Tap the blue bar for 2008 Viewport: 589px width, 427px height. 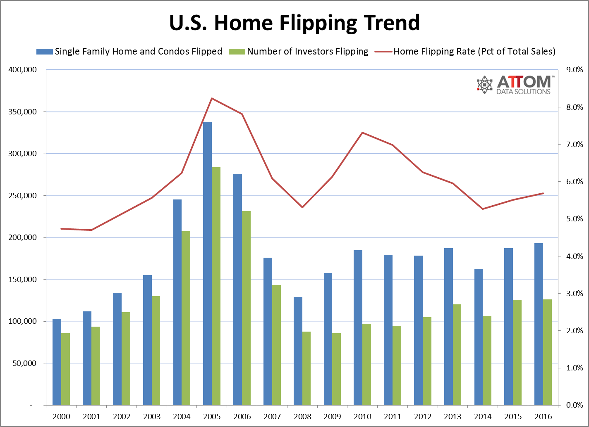click(x=298, y=351)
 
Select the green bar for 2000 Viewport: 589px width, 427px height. click(x=66, y=369)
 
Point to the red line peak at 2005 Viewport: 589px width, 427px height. click(x=212, y=98)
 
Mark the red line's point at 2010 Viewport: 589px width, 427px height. click(x=362, y=133)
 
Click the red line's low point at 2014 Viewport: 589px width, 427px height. click(x=483, y=209)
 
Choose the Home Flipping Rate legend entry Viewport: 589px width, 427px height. click(x=474, y=52)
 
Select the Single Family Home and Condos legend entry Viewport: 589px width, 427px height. click(x=138, y=52)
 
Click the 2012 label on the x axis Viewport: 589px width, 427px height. click(x=423, y=416)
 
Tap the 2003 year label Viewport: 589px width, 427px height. click(x=152, y=416)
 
